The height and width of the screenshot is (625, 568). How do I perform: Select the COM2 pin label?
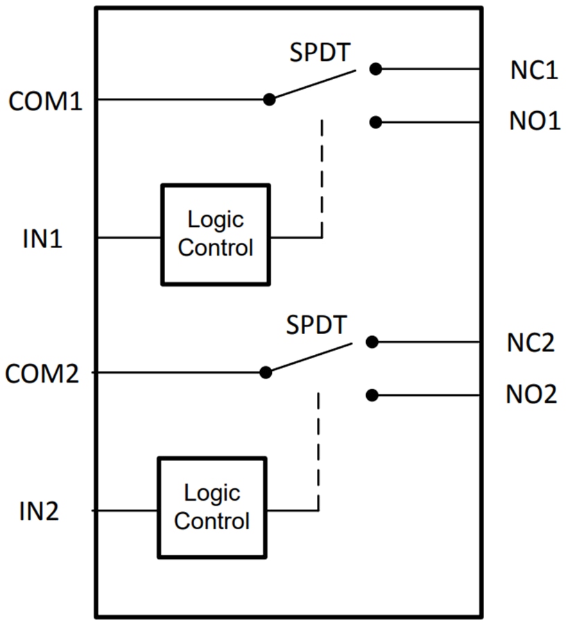click(x=42, y=374)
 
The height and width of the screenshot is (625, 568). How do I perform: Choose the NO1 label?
click(x=534, y=122)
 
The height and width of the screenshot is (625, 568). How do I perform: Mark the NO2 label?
click(x=531, y=395)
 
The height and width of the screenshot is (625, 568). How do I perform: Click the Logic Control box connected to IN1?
click(x=215, y=235)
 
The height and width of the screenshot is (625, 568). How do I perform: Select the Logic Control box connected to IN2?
click(x=212, y=508)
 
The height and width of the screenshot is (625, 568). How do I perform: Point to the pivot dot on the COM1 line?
click(x=270, y=99)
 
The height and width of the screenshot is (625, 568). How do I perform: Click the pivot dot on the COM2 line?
click(x=266, y=372)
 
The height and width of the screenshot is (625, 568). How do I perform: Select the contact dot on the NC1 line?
click(x=375, y=69)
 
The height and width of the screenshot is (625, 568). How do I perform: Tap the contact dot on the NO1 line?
click(x=375, y=122)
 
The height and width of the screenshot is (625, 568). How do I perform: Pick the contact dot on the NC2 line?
click(x=372, y=342)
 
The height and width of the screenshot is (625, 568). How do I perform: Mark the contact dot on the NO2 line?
click(x=372, y=395)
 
